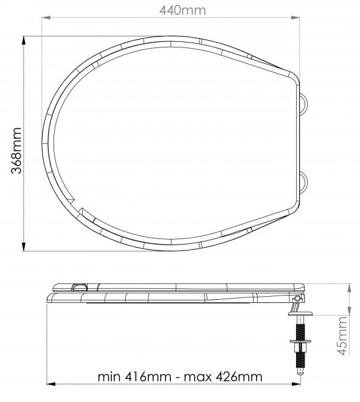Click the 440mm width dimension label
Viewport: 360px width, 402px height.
pos(182,10)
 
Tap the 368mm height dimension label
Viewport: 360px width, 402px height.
pos(16,150)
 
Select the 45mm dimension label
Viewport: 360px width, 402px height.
pos(342,336)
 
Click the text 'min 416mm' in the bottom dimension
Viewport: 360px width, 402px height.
pos(134,376)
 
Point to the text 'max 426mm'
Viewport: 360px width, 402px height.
pos(223,376)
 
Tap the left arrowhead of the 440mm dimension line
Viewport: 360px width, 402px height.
pos(46,18)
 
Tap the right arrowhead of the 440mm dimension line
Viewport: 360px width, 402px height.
pos(296,18)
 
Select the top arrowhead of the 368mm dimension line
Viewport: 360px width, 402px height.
pos(24,40)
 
